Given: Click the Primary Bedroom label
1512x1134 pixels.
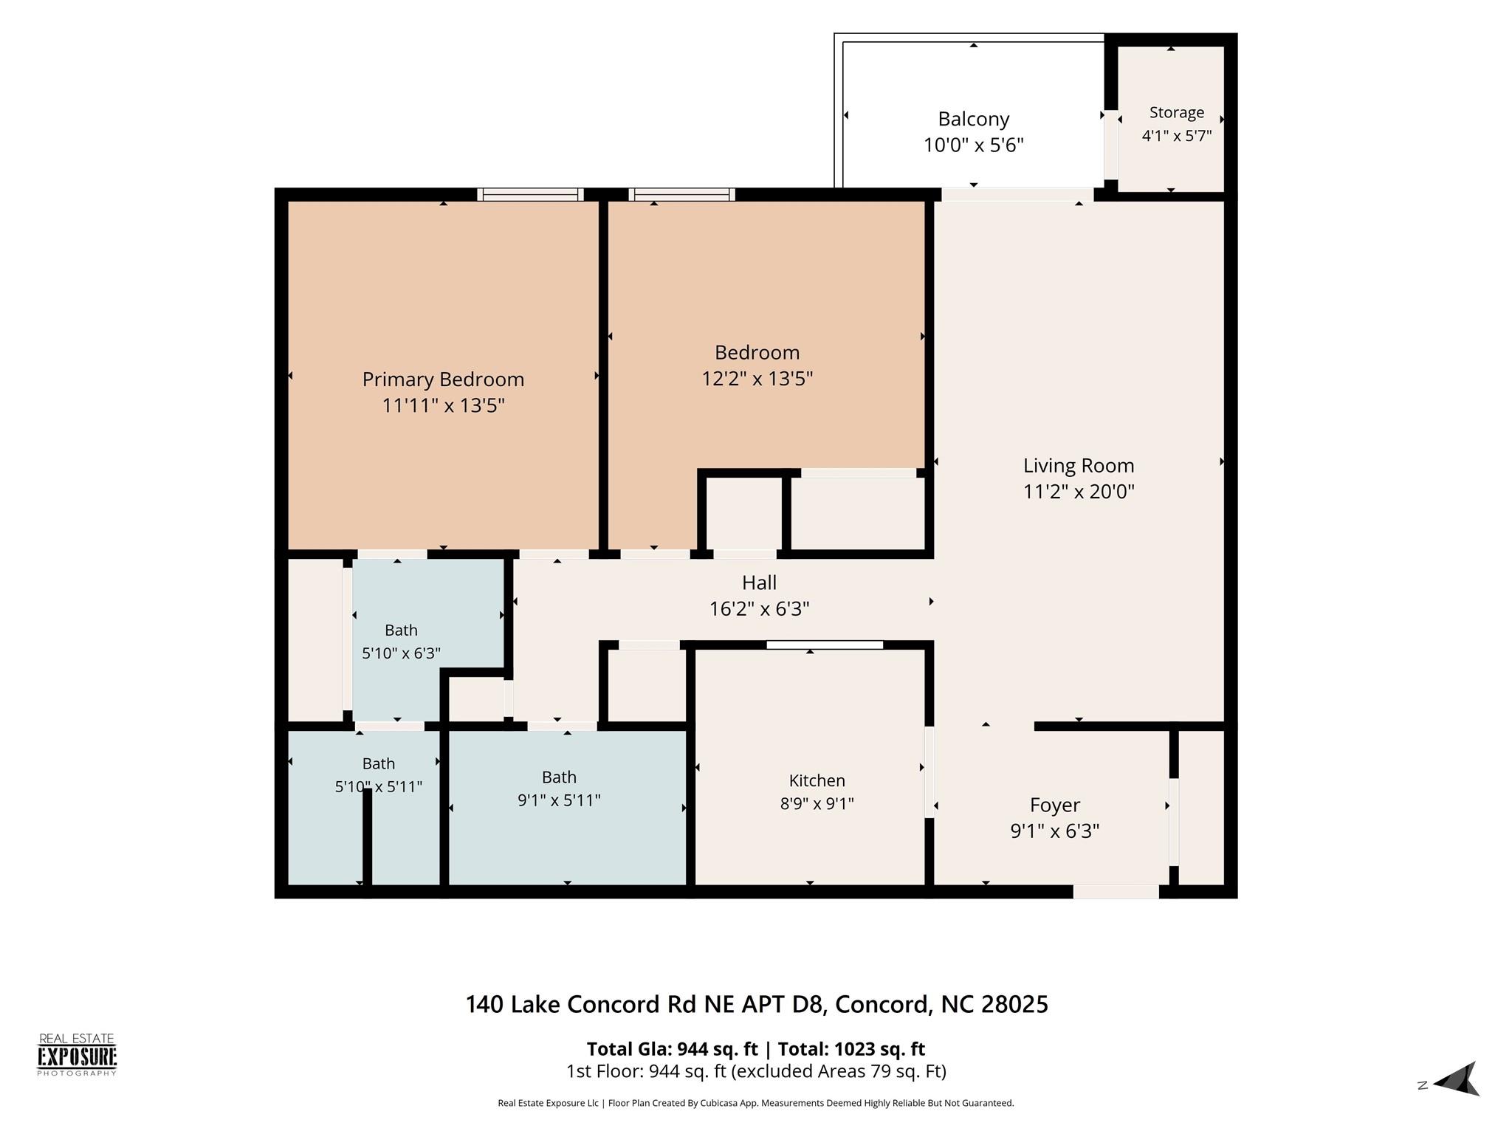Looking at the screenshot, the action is click(443, 379).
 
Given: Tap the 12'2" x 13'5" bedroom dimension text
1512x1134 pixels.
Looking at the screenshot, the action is click(757, 379).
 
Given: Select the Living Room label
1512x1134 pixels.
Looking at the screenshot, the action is click(1079, 466).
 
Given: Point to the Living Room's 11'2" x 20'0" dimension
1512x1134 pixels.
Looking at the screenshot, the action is click(1079, 492).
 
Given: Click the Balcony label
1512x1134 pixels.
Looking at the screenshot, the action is click(974, 120).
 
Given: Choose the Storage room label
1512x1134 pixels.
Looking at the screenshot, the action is click(1177, 113).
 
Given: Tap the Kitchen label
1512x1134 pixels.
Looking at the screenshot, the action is click(817, 780).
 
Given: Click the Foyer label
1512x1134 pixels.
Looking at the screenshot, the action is click(1055, 805).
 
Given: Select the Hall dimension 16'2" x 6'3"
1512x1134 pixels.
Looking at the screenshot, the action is click(760, 609).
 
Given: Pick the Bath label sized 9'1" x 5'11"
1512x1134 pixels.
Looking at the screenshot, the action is click(559, 777).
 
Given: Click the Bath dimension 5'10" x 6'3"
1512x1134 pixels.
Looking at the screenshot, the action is click(401, 653).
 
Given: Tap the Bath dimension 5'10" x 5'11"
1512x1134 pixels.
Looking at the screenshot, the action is click(379, 787).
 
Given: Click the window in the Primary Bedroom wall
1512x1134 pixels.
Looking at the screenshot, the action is click(530, 195).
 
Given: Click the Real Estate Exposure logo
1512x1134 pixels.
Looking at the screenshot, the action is click(77, 1055).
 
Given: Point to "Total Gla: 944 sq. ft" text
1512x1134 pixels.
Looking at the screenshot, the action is click(672, 1049).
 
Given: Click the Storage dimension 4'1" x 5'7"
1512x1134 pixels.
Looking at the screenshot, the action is click(1177, 136).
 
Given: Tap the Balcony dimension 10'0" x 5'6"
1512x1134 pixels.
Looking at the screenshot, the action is click(974, 145).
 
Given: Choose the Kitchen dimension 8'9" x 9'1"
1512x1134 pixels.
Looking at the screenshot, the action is click(817, 804).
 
